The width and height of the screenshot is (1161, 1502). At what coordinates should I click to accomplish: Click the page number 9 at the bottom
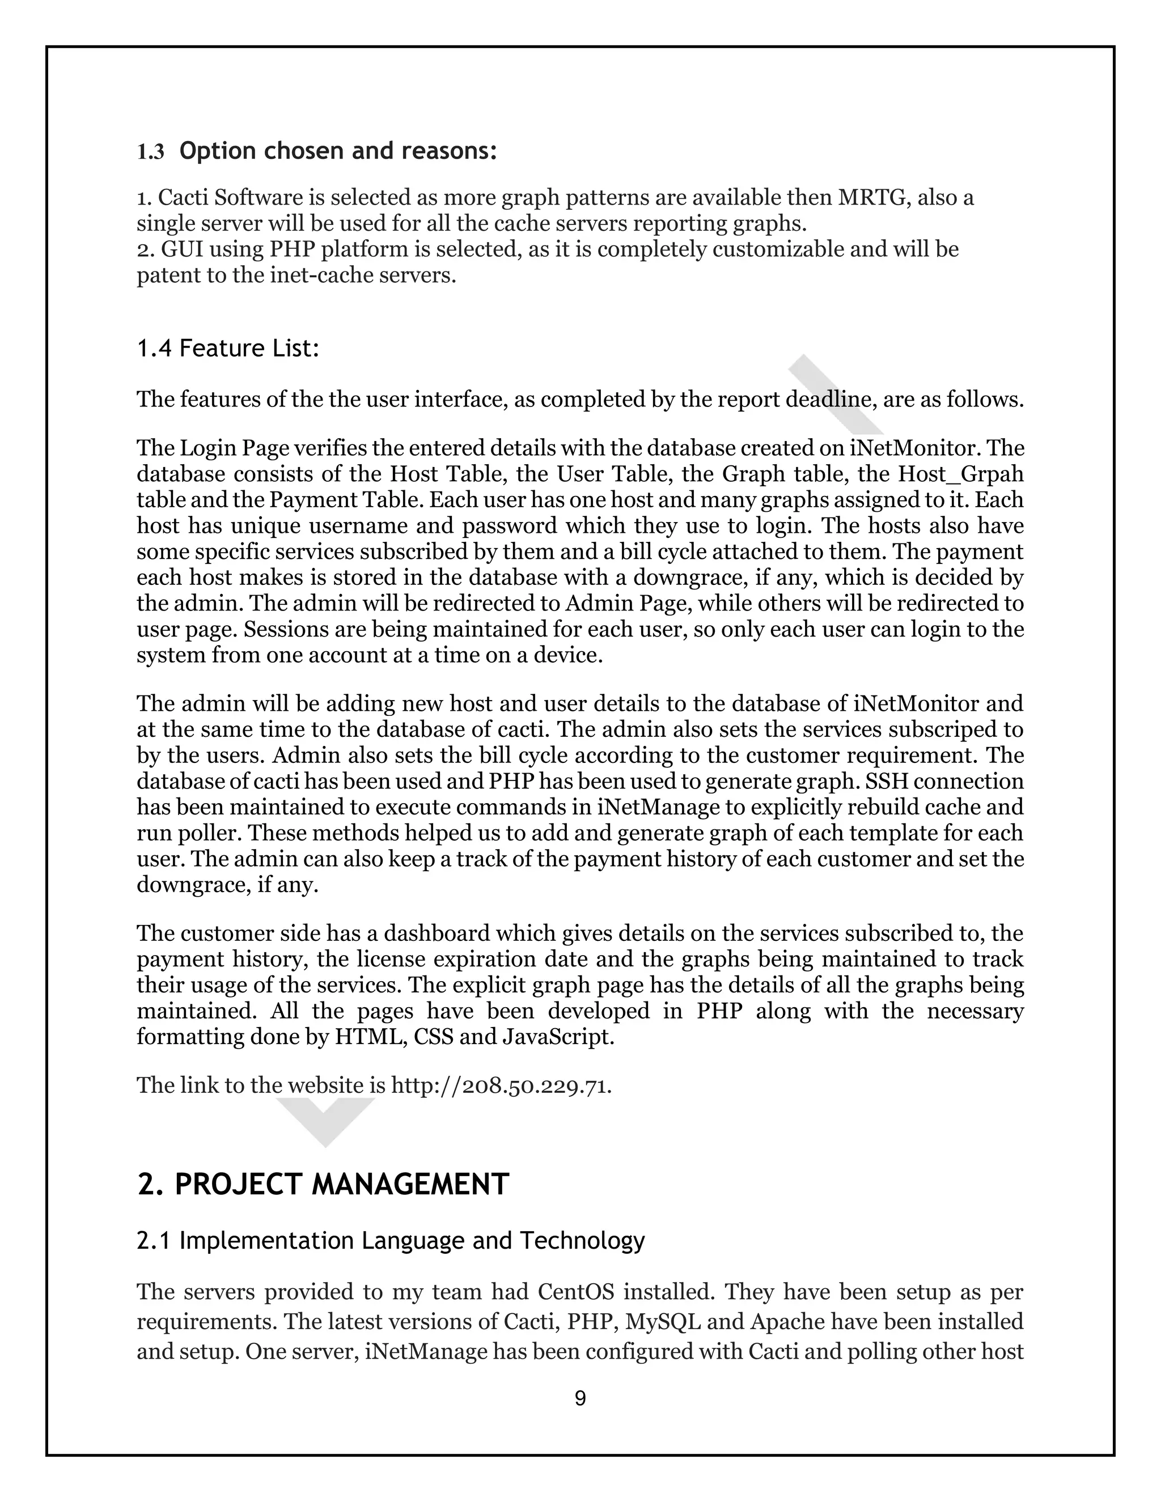580,1398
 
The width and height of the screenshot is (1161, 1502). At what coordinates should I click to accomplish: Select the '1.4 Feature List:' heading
228,349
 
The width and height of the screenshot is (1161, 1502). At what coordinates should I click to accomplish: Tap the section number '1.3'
151,152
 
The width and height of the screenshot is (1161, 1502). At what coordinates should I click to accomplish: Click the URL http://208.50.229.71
501,1086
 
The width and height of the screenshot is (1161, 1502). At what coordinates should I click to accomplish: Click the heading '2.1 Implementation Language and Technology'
391,1241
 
